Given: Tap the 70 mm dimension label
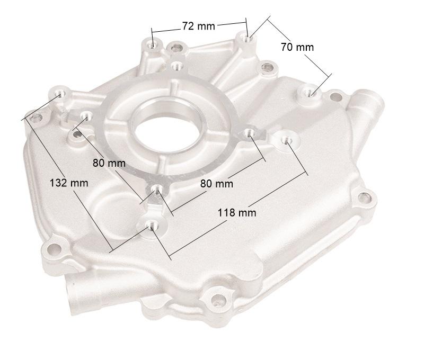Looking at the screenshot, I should pyautogui.click(x=297, y=47).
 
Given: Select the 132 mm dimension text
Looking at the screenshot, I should pyautogui.click(x=69, y=183).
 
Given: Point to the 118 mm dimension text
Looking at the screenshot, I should pyautogui.click(x=237, y=212).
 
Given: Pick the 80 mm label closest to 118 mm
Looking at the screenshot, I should pyautogui.click(x=216, y=184).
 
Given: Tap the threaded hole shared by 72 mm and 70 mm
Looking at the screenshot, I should pyautogui.click(x=245, y=38).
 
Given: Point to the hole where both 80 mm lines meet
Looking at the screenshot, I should pyautogui.click(x=156, y=189).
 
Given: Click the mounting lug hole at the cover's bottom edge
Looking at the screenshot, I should pyautogui.click(x=217, y=299).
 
